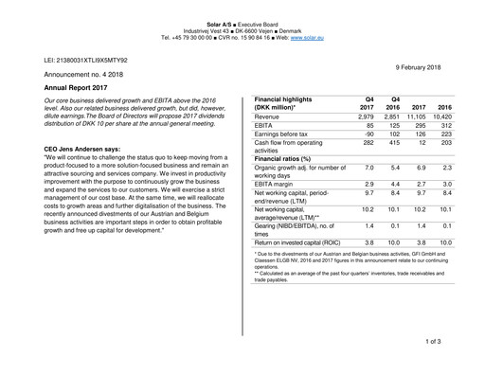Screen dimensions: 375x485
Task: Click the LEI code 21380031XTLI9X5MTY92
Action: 86,60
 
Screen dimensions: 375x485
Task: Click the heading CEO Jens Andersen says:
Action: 82,150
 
